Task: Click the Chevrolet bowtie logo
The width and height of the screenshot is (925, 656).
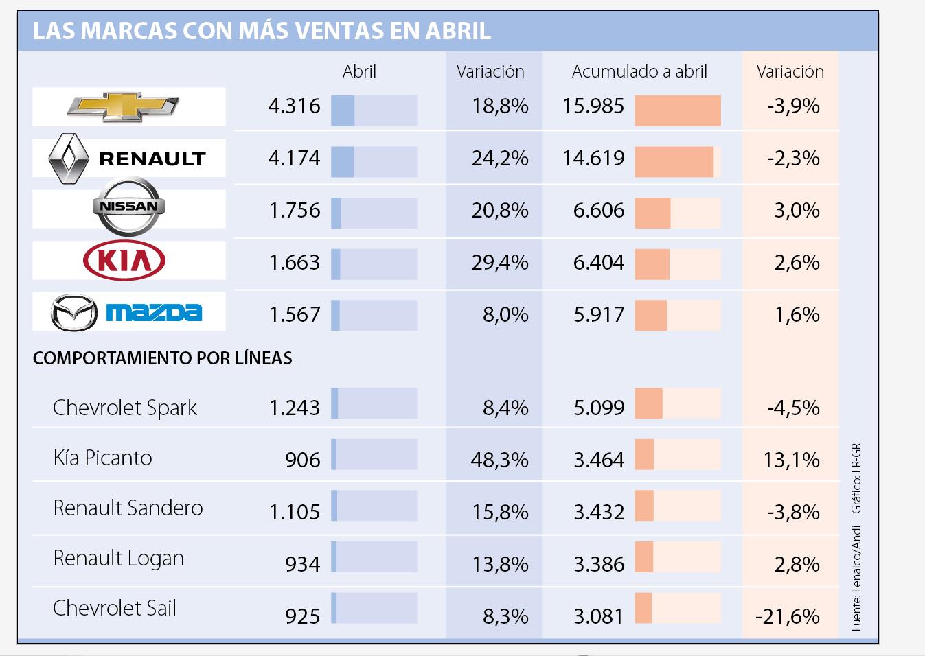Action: point(123,106)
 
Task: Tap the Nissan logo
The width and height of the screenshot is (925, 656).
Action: point(128,206)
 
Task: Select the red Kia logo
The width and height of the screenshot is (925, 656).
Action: point(124,261)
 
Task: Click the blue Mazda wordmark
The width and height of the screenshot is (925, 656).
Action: point(154,313)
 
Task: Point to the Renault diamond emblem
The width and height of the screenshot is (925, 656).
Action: point(69,159)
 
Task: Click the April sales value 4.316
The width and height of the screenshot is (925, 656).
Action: point(294,106)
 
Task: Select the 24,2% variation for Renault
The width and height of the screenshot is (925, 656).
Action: point(500,159)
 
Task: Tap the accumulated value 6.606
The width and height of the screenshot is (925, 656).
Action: point(599,211)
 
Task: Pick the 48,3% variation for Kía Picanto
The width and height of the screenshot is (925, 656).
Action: point(499,460)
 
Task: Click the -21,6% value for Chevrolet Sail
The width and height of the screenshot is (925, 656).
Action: point(788,616)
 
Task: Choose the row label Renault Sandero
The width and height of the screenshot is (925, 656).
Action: point(128,508)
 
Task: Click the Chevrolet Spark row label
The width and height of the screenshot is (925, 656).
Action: point(124,408)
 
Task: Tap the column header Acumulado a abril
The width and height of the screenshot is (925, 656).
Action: point(639,71)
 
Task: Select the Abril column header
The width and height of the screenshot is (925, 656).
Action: point(359,71)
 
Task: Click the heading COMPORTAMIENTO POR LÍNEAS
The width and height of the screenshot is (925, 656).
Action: point(163,358)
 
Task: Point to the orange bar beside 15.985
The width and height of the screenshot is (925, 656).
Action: point(677,110)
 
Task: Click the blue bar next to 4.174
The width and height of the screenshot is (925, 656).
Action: point(343,162)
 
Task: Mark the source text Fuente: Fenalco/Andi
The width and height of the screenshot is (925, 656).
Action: point(856,578)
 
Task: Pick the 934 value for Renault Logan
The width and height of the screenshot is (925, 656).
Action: point(303,564)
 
